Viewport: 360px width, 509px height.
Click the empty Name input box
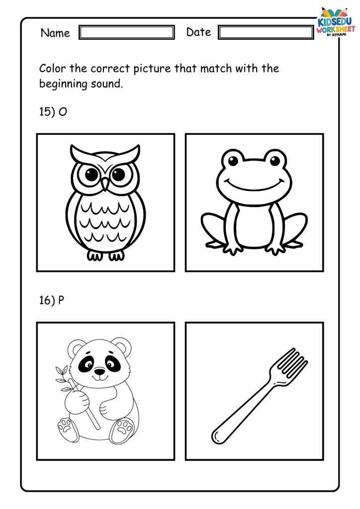click(x=127, y=32)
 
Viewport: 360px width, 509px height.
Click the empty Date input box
click(x=266, y=32)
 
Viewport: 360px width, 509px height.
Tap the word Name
click(x=55, y=33)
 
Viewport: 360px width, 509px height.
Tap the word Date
click(x=199, y=32)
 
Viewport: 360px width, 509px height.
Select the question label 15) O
click(x=53, y=112)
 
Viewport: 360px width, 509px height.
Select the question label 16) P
click(x=52, y=300)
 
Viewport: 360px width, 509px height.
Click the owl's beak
click(x=105, y=184)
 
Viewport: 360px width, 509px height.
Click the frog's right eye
click(x=274, y=161)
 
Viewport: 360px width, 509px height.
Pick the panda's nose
click(x=99, y=370)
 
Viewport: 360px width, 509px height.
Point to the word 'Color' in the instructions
click(x=53, y=69)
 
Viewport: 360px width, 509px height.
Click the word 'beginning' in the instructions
click(x=63, y=84)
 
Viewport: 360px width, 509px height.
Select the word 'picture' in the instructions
click(x=152, y=69)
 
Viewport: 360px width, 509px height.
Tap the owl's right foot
click(x=116, y=256)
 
